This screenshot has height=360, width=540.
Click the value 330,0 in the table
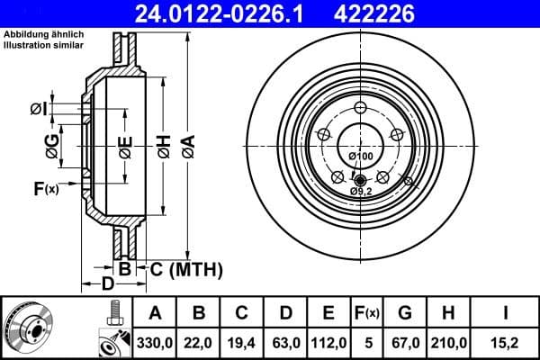tap(155, 341)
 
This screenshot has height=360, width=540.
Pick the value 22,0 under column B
tap(198, 341)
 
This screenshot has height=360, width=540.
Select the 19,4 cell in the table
tap(241, 341)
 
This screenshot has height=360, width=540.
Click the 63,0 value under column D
tap(284, 341)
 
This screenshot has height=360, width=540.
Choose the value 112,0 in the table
tap(328, 341)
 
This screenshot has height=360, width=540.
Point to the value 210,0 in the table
tap(453, 341)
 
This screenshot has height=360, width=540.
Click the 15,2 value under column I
tap(508, 341)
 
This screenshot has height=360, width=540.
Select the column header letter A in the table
tap(155, 312)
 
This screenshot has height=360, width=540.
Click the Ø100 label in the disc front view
tap(360, 157)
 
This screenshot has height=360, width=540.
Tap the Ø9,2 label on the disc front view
tap(361, 191)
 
